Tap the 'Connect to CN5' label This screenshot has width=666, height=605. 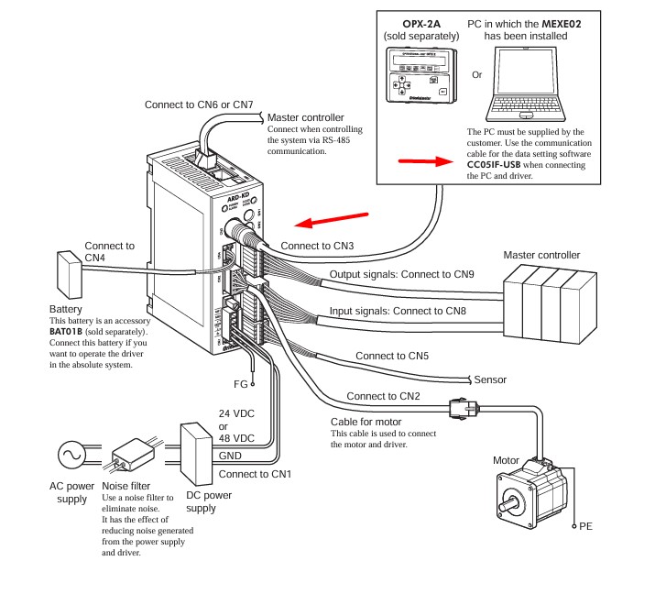(x=393, y=356)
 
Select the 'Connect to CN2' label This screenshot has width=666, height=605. (x=384, y=397)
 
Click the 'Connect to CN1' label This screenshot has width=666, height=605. (x=256, y=474)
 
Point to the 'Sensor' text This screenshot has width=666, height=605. (x=491, y=379)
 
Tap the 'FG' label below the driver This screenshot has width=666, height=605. (x=240, y=384)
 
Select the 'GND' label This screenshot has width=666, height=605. (x=230, y=456)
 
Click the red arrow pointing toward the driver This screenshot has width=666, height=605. (x=333, y=220)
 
